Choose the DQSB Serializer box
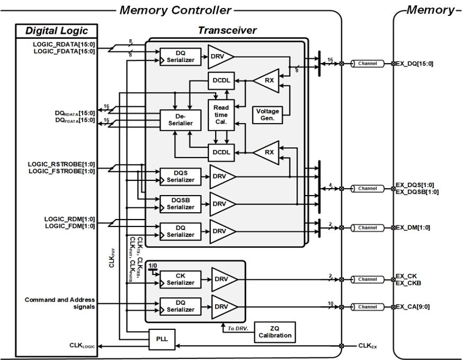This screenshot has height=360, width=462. point(181,203)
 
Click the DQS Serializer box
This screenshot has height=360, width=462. point(181,177)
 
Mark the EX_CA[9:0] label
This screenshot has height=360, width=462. point(415,306)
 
